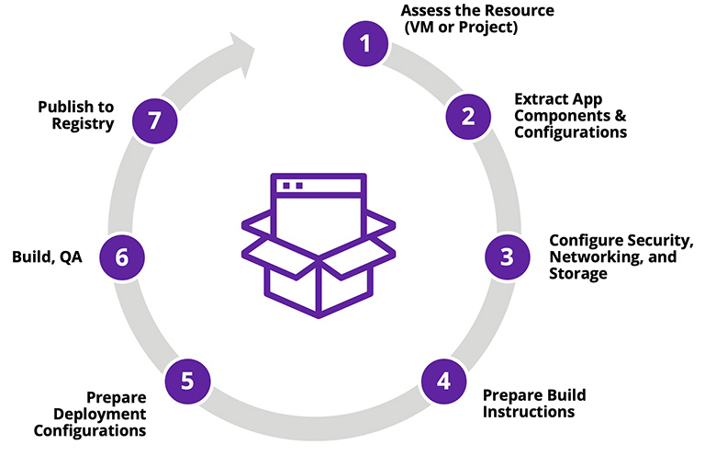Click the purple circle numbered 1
tap(365, 43)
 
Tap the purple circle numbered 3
tap(507, 256)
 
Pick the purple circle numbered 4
tap(443, 380)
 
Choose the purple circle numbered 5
tap(187, 380)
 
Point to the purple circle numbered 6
tap(121, 257)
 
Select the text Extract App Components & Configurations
tap(570, 116)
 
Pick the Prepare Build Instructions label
tap(533, 403)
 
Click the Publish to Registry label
tap(75, 116)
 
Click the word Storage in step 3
tap(577, 273)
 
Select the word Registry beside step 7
tap(84, 124)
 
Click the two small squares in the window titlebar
tap(292, 185)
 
